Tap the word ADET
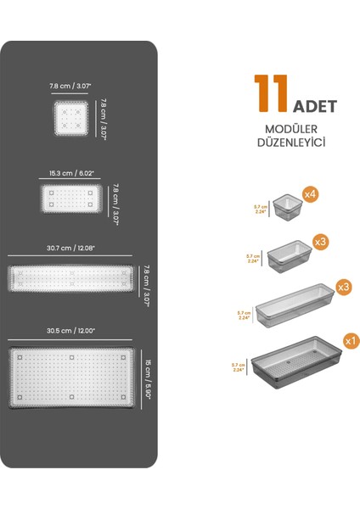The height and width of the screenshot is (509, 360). tap(315, 107)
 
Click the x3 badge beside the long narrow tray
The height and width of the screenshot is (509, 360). tap(344, 288)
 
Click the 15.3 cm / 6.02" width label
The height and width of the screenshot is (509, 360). tap(72, 173)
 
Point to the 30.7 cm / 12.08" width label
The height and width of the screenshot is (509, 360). tap(71, 249)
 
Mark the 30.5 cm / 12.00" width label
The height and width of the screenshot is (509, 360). tap(71, 330)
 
